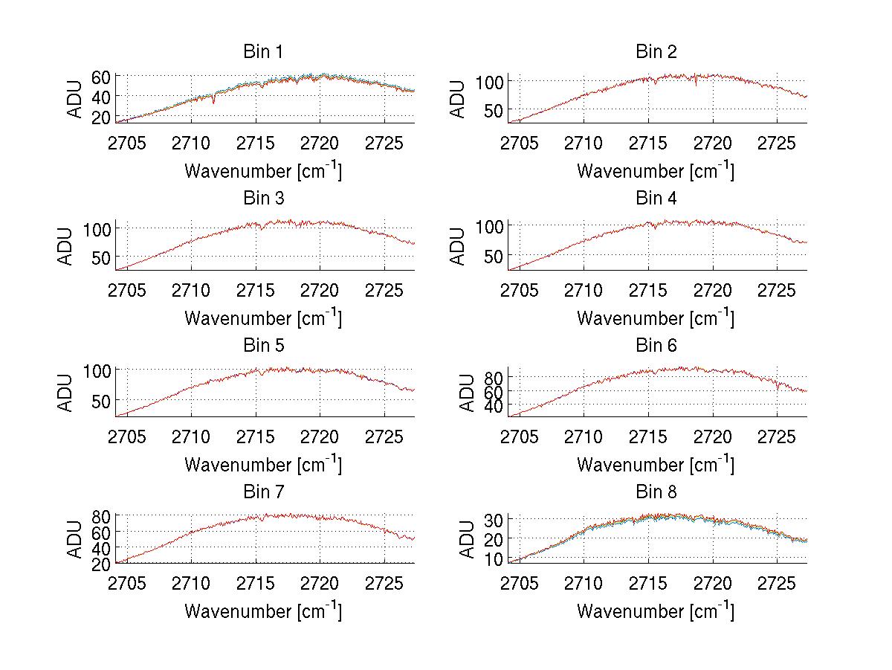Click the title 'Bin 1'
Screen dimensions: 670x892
(263, 52)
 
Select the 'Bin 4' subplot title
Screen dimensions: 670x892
(656, 199)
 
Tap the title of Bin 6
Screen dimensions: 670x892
(656, 345)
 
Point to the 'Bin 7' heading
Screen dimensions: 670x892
(263, 492)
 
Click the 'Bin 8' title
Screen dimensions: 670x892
(656, 492)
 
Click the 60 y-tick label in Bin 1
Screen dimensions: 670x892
(101, 77)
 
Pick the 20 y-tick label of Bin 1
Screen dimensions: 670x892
(101, 116)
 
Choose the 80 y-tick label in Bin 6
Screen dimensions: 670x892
(494, 377)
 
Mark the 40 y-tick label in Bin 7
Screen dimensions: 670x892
(101, 548)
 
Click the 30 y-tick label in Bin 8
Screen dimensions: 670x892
(494, 518)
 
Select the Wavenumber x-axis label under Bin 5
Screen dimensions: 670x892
(263, 465)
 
